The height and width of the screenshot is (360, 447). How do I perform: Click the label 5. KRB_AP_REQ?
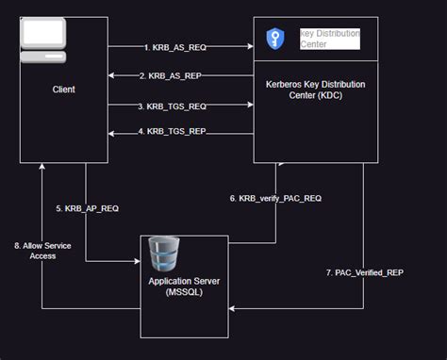click(x=86, y=208)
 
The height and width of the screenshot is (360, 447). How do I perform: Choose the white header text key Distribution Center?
click(x=331, y=39)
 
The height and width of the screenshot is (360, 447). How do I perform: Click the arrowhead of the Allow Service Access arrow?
click(x=41, y=168)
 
